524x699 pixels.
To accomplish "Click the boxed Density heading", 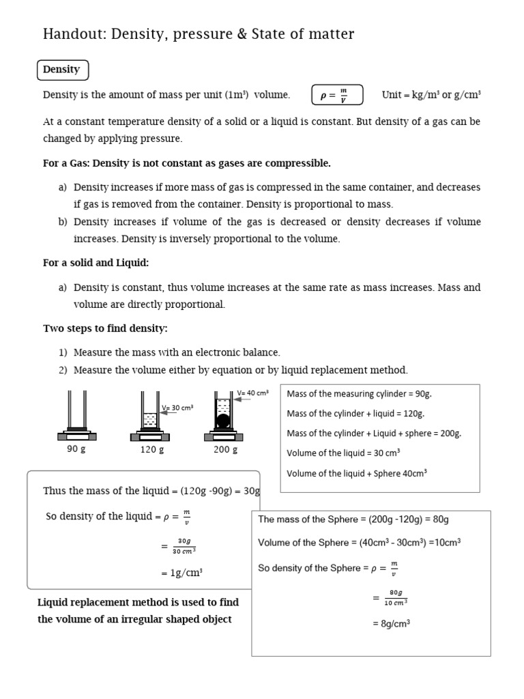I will pos(62,70).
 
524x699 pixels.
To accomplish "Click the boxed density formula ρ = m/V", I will pos(337,96).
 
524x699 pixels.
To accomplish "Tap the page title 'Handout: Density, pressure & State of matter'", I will pos(199,34).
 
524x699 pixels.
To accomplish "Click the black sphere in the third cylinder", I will pos(223,420).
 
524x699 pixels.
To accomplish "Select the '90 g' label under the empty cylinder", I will pos(76,449).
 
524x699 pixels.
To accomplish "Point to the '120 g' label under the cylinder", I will pos(152,449).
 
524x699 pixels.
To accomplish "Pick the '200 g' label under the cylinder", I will pos(226,449).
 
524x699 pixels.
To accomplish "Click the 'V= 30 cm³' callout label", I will pos(177,408).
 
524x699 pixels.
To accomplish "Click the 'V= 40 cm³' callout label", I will pos(252,393).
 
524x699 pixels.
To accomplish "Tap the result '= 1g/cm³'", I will pos(181,573).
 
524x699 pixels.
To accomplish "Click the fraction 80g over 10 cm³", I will pos(395,597).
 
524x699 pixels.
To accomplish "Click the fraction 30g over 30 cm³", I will pos(184,545).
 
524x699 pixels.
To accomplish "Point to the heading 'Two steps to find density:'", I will pos(105,328).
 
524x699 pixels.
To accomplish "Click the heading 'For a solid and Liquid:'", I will pos(96,263).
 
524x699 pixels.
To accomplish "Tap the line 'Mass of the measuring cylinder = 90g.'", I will pos(359,394).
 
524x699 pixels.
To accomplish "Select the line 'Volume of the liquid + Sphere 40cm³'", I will pos(357,473).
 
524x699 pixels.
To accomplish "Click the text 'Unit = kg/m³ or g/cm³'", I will pos(431,95).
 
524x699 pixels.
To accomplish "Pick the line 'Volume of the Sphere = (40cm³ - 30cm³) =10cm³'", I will pos(360,543).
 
